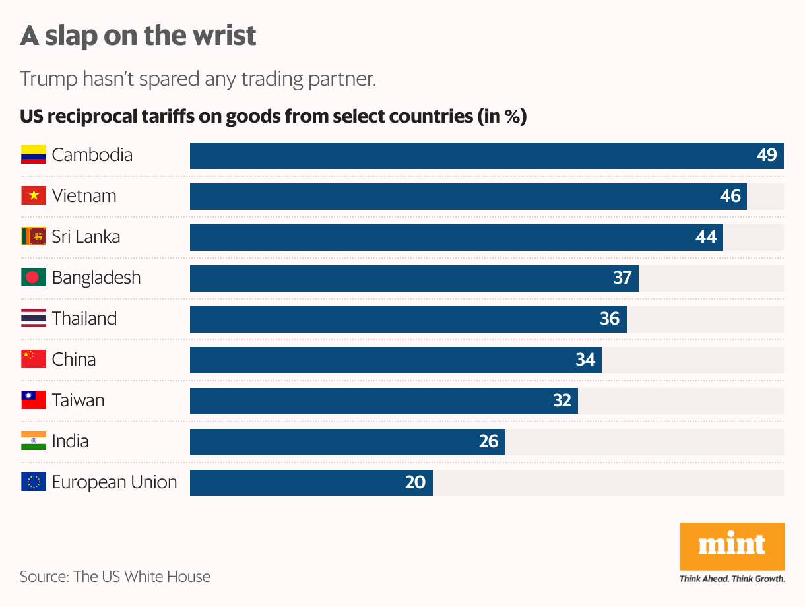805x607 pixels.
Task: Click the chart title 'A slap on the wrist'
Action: point(138,36)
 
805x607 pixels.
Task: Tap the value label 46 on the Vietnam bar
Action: point(730,196)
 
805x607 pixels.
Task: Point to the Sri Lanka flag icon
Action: point(34,236)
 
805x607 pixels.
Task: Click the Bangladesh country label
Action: point(96,277)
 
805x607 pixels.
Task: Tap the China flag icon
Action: point(34,359)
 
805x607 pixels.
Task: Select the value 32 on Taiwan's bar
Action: point(562,400)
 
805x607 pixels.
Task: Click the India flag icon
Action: point(34,441)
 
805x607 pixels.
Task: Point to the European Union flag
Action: point(34,482)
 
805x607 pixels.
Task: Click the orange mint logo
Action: point(732,546)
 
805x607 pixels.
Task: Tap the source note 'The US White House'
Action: point(142,577)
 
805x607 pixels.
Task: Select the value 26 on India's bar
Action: point(488,441)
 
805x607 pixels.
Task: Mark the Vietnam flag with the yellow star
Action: point(34,195)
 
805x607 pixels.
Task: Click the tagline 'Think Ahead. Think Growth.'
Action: point(732,579)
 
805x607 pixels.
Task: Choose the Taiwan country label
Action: point(78,400)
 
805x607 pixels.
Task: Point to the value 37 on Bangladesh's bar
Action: point(622,278)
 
